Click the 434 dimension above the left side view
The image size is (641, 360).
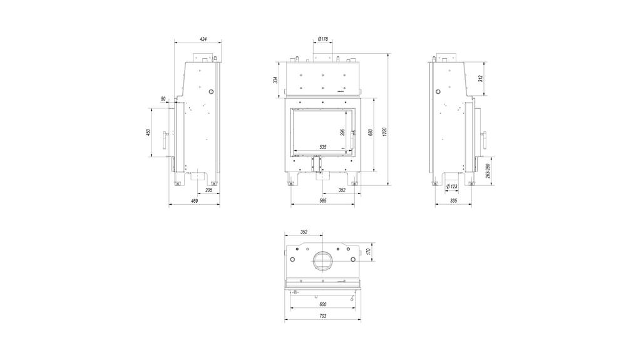203,39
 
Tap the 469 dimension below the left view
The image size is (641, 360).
194,201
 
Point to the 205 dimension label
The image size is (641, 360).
208,189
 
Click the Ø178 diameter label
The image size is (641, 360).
323,39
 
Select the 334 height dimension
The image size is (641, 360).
275,80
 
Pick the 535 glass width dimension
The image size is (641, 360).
323,147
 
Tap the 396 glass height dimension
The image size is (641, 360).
342,132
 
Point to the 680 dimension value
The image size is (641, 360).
371,133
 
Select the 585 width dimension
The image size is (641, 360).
323,201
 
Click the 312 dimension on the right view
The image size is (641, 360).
480,79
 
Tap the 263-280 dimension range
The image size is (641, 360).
487,171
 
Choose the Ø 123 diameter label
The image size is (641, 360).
452,187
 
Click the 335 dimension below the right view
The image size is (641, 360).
453,201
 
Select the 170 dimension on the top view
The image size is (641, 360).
369,252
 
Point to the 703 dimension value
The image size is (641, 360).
323,316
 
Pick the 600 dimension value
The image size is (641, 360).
323,304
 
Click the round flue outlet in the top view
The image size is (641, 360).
324,260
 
